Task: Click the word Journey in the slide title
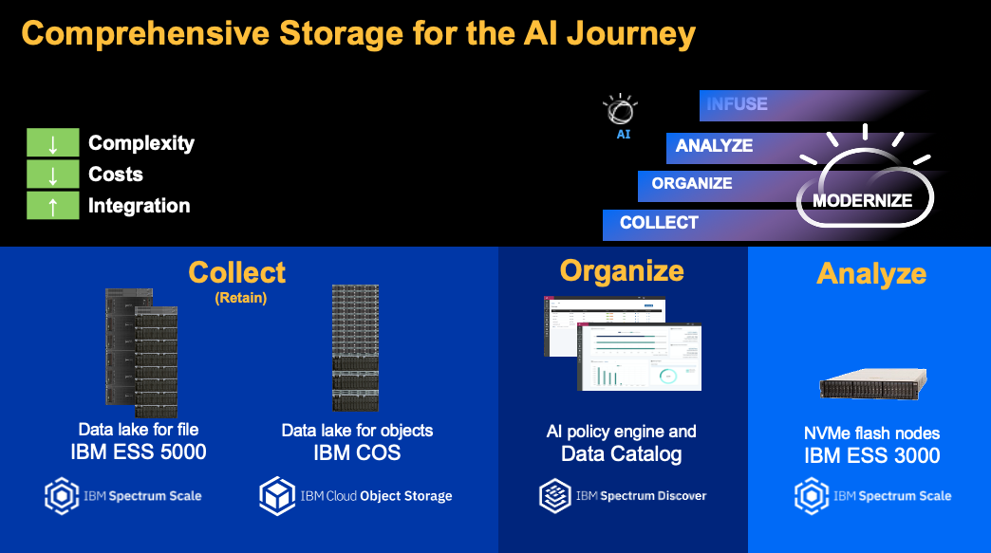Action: (632, 34)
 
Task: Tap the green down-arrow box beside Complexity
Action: (53, 143)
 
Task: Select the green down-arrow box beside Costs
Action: (53, 175)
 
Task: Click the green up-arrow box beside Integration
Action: (53, 206)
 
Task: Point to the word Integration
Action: (139, 206)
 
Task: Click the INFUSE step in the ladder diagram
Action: (738, 104)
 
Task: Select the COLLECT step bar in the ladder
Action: (659, 223)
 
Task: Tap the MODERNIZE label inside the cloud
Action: (862, 201)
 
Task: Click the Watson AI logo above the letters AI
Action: (621, 110)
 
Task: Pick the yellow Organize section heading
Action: (622, 270)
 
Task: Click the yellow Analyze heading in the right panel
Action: (871, 273)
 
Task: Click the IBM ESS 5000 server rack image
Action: (141, 351)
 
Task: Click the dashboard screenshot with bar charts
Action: (639, 357)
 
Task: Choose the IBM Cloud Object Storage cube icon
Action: (277, 495)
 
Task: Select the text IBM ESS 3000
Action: (871, 455)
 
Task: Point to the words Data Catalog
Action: (621, 454)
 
